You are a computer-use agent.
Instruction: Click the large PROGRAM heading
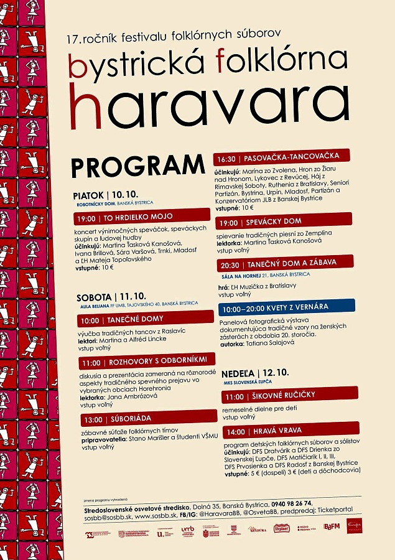[137, 166]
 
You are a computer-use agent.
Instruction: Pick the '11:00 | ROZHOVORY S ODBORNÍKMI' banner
[146, 362]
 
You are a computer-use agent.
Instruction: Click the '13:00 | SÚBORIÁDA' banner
[147, 419]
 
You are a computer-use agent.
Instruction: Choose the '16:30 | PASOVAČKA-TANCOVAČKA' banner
[281, 158]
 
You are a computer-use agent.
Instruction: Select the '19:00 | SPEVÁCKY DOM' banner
[285, 222]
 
